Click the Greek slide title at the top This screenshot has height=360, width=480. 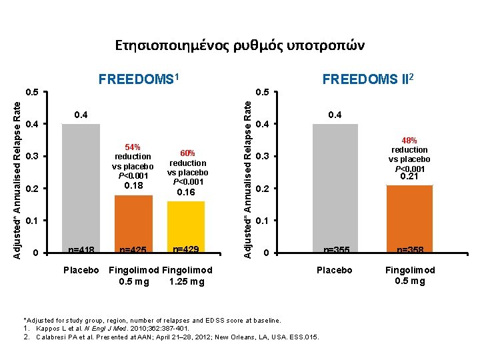[x=240, y=45]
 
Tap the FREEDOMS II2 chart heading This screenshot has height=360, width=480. [x=369, y=80]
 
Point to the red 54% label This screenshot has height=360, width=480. [x=133, y=147]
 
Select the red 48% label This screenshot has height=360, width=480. [x=409, y=141]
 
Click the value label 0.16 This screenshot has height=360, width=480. [x=187, y=192]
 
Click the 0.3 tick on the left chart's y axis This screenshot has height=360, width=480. [x=31, y=157]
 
